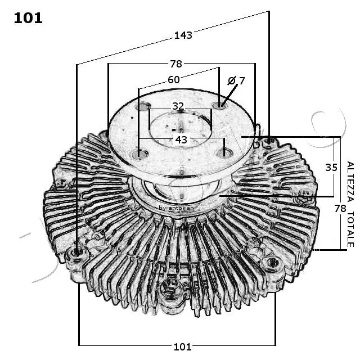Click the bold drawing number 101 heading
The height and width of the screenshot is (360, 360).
pos(28,18)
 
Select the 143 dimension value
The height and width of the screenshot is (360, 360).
pos(183,35)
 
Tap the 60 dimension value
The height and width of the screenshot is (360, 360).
pos(173,80)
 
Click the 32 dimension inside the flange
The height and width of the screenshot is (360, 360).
pos(178,106)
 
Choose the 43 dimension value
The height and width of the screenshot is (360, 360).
pos(181,139)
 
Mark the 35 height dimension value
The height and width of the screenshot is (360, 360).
pos(331,166)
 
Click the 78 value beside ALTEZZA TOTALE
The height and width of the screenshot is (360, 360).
pos(340,208)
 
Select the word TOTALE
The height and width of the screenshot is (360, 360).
pos(350,228)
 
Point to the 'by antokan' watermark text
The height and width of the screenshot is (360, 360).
pos(176,208)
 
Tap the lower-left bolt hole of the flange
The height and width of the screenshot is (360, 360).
pos(139,154)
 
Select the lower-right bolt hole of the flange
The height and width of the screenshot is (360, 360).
pos(224,152)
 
